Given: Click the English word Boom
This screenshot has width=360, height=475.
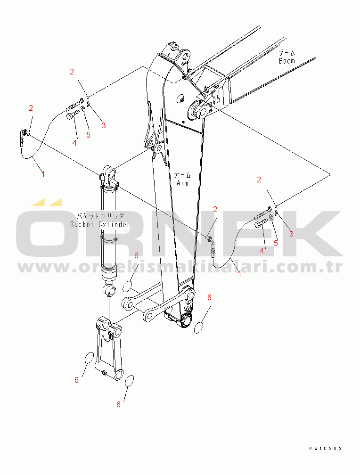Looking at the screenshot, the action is tap(286, 61).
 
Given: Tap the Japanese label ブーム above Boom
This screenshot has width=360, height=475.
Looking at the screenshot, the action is tap(287, 53).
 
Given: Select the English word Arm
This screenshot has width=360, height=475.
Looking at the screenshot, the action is tap(182, 183).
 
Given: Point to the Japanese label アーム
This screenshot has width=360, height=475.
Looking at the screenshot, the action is tap(182, 175).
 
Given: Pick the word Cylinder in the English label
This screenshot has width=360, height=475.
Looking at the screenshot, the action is tap(114, 224).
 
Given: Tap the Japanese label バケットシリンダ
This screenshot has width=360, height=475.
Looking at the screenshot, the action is tap(100, 216).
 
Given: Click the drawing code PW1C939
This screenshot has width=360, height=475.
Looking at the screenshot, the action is tap(326, 448).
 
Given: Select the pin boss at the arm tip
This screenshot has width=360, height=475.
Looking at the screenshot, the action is tap(186, 321).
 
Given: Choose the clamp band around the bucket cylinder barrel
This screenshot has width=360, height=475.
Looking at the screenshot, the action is tap(108, 239).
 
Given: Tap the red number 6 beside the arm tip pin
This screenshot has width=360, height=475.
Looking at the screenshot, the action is tap(209, 298).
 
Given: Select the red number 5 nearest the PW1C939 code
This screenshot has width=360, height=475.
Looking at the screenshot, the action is tap(276, 243).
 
